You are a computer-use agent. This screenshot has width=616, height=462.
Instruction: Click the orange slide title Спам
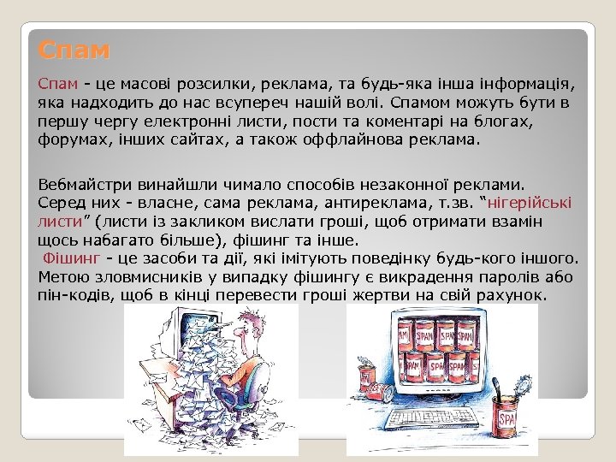pos(74,50)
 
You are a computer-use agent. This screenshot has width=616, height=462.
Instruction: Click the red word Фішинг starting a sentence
pos(68,258)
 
